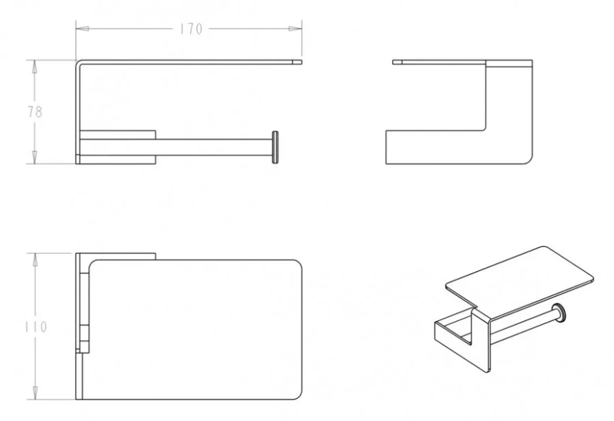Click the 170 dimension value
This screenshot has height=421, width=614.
(x=191, y=29)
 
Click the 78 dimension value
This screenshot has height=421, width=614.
(x=35, y=112)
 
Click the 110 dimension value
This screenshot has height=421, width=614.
(x=36, y=326)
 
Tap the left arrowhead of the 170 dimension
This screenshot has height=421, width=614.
(x=82, y=29)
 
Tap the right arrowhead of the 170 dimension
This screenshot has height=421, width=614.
(x=295, y=29)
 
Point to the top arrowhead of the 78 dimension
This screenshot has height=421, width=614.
(x=35, y=67)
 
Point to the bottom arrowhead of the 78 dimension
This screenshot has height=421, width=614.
(x=35, y=157)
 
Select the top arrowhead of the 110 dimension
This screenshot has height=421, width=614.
(x=35, y=260)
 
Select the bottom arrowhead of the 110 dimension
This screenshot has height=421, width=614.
(x=35, y=393)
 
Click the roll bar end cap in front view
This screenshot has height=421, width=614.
(x=275, y=147)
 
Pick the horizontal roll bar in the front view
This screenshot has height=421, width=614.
(x=214, y=147)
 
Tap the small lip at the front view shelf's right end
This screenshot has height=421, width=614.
(x=298, y=62)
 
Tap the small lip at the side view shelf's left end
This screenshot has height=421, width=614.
(x=397, y=62)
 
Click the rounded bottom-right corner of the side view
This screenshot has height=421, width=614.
(x=528, y=160)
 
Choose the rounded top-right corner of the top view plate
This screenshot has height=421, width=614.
(x=298, y=264)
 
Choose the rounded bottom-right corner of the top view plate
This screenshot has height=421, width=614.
(x=298, y=395)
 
